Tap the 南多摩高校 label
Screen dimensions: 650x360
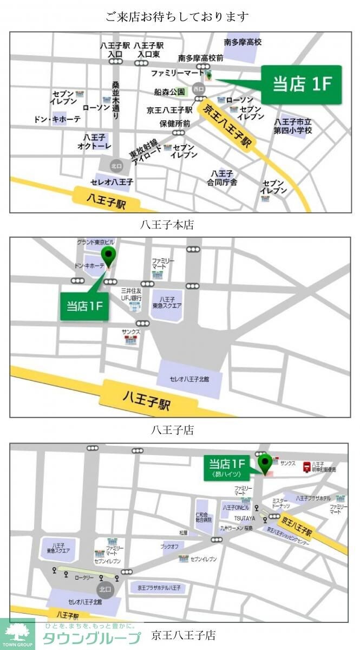[243, 42]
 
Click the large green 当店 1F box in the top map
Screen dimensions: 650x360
[302, 84]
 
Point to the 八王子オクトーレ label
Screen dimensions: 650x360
[94, 141]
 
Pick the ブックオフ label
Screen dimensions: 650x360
[170, 547]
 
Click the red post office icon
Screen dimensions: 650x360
[306, 466]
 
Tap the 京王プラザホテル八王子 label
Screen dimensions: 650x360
[162, 587]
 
